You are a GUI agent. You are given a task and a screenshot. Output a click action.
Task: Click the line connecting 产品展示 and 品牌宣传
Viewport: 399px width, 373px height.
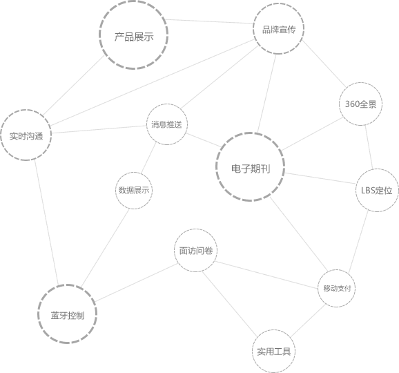[x=209, y=21]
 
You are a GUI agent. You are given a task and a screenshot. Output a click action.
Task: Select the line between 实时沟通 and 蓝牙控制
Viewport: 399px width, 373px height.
[x=46, y=222]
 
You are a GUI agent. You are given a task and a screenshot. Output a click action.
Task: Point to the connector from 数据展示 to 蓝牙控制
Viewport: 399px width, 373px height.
[x=105, y=248]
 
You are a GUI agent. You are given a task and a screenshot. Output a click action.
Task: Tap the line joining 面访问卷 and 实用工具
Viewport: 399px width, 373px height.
[x=229, y=304]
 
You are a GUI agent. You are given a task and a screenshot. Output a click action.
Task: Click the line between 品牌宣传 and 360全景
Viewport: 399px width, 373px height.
[x=324, y=64]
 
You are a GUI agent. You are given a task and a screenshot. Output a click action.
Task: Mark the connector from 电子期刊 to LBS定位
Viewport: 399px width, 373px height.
[x=320, y=178]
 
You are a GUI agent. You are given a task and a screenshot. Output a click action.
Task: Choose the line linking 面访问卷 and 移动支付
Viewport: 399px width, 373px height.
[x=266, y=275]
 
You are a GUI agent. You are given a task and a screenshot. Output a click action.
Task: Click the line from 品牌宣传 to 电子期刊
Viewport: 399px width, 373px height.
[x=266, y=93]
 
